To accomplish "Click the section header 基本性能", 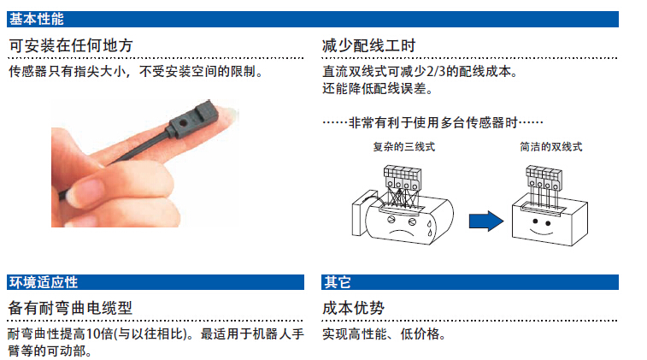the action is (x=36, y=19).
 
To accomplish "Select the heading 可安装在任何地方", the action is (x=71, y=45).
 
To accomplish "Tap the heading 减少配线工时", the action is (x=368, y=45).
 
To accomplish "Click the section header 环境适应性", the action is (x=44, y=282).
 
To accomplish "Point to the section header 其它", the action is (x=337, y=282).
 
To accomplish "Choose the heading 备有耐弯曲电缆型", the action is (x=70, y=308).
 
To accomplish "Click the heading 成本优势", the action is (x=353, y=308).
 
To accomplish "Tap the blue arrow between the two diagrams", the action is (x=486, y=221).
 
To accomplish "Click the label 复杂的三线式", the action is (x=404, y=147).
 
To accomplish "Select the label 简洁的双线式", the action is (x=551, y=147).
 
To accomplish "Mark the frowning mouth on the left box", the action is (x=401, y=232).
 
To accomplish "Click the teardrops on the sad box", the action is (x=430, y=228).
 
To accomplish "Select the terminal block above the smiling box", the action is (x=544, y=178).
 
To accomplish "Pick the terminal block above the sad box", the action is (x=403, y=178).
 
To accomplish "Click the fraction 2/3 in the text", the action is (x=436, y=72).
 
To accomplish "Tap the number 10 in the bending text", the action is (x=94, y=334).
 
